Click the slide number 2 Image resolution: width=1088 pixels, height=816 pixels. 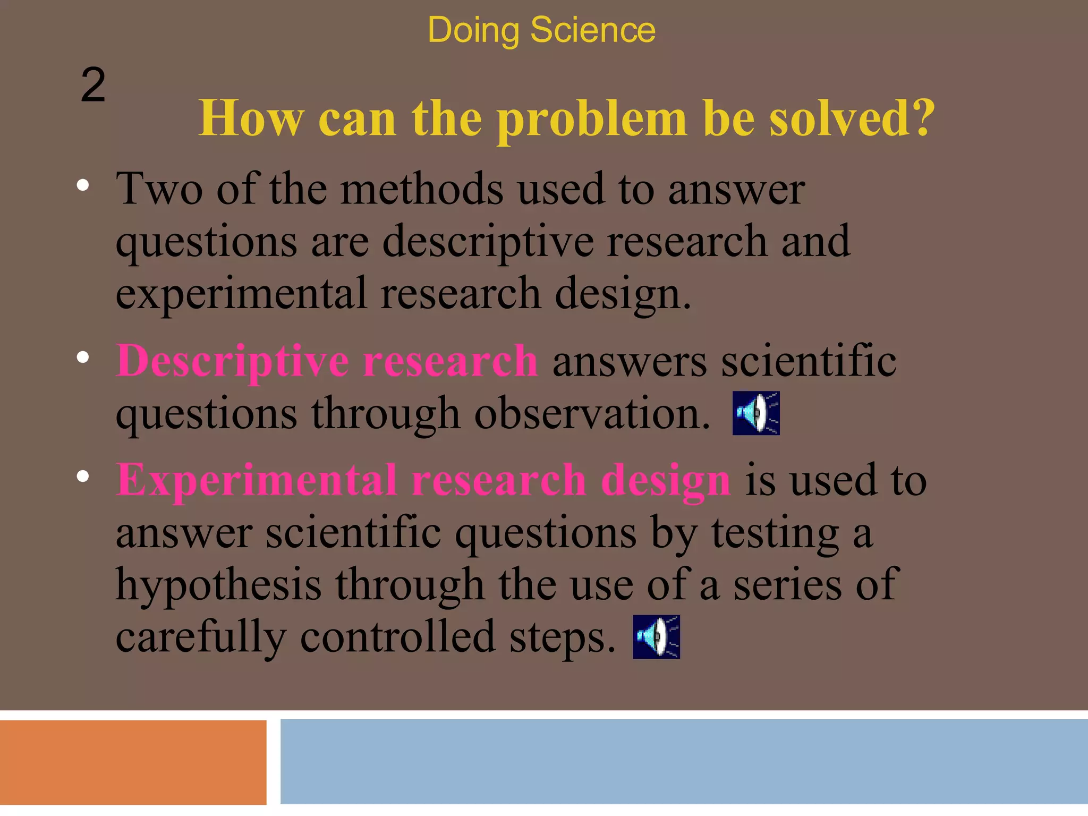[93, 85]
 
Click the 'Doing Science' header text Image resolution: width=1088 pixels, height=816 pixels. [541, 30]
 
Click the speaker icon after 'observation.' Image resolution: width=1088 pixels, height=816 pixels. [755, 413]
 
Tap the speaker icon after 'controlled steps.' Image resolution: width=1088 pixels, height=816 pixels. [656, 637]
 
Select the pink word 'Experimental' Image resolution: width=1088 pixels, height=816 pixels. [257, 480]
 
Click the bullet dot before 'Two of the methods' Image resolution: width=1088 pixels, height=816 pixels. [82, 185]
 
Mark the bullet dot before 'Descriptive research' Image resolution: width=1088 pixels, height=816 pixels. [82, 358]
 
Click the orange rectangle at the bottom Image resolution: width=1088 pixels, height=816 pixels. [133, 762]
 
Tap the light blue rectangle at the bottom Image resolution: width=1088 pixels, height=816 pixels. [684, 761]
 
